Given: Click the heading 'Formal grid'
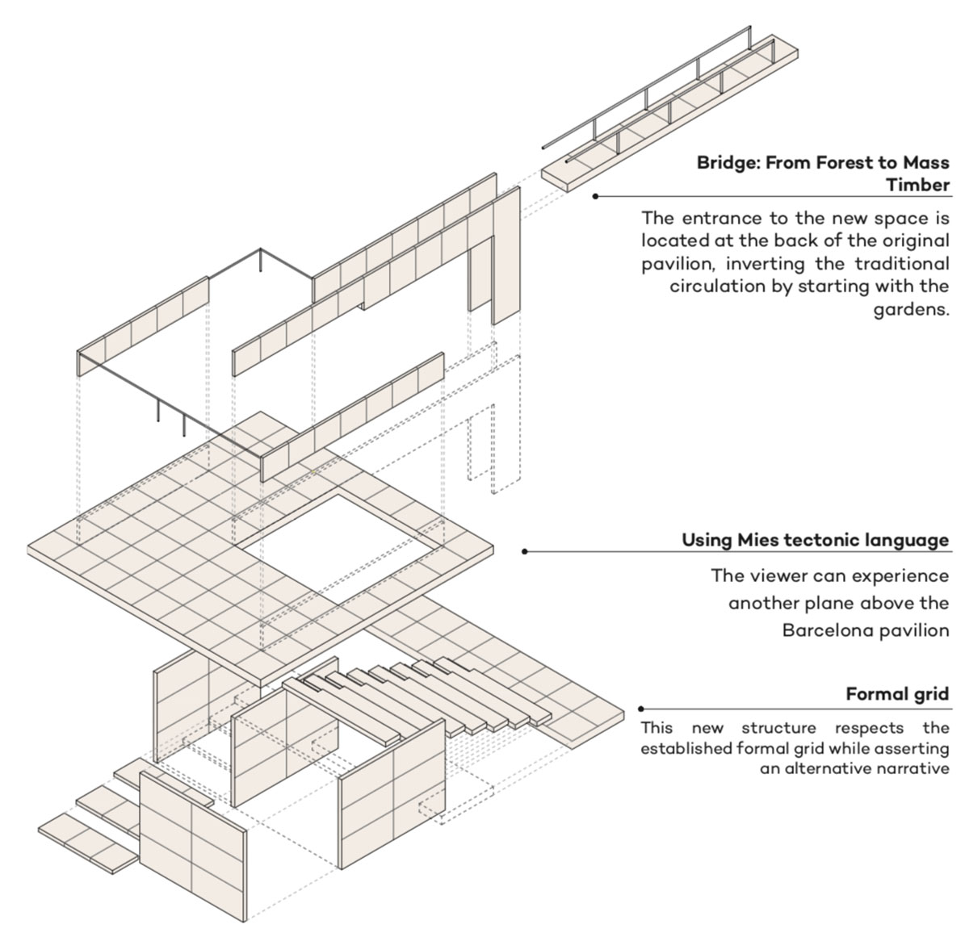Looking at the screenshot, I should (897, 694).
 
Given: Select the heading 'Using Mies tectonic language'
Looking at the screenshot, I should (816, 540).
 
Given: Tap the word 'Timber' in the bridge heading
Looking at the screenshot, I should (917, 185).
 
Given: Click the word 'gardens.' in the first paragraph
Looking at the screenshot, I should (911, 310).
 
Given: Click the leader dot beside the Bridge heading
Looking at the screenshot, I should (595, 196).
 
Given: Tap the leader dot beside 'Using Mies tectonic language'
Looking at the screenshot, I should (525, 552).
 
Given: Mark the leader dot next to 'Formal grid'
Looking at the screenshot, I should (641, 709).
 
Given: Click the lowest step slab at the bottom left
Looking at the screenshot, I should (87, 843).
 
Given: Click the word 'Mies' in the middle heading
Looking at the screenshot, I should (757, 540).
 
